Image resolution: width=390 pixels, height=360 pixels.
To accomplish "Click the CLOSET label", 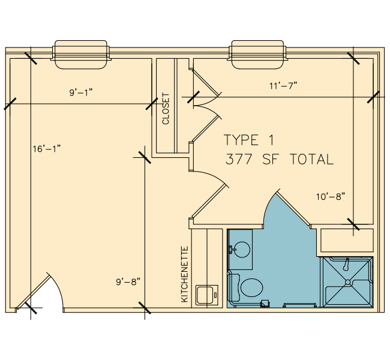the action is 166,109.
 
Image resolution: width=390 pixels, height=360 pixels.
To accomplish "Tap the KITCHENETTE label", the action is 185,274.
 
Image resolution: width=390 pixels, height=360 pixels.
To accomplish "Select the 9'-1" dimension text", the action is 81,92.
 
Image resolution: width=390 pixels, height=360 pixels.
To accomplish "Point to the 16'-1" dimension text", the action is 47,149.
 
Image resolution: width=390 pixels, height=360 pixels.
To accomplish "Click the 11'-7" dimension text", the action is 283,86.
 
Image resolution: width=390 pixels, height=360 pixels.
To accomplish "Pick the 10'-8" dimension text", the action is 331,197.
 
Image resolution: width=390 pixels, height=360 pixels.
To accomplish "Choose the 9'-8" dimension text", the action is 128,282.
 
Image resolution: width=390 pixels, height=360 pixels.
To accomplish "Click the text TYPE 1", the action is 249,140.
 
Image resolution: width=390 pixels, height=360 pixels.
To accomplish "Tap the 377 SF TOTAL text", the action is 280,159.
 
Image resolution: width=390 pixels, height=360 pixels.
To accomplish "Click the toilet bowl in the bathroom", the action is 252,287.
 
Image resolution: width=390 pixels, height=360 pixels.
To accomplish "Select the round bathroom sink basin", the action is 242,249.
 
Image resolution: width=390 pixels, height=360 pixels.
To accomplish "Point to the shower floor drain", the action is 348,282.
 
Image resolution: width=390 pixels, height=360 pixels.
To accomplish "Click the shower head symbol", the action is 346,264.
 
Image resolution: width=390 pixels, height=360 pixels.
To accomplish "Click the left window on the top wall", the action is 81,55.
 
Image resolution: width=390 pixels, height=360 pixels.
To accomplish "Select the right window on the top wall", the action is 257,55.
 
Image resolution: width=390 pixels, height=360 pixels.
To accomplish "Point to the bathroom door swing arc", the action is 268,206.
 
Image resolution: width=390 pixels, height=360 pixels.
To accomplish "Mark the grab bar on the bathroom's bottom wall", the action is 300,305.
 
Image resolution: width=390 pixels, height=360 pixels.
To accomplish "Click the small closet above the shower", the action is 347,241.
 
